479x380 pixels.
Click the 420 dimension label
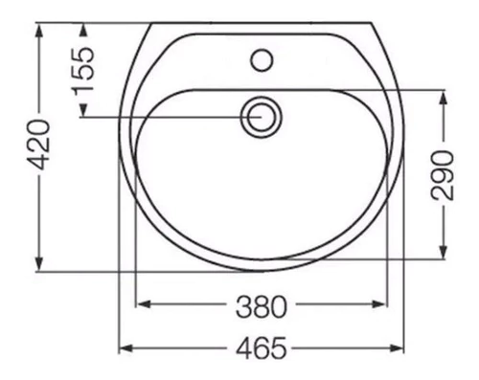coord(38,145)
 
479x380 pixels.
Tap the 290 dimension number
coord(443,175)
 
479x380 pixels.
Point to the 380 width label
coord(262,306)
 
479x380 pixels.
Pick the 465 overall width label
coord(262,347)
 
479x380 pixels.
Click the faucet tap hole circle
coord(262,59)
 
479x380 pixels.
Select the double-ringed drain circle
coord(262,117)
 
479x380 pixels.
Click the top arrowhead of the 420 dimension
coord(39,31)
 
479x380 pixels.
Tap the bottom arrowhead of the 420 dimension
coord(39,263)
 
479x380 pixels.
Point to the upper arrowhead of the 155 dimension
coord(83,31)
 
